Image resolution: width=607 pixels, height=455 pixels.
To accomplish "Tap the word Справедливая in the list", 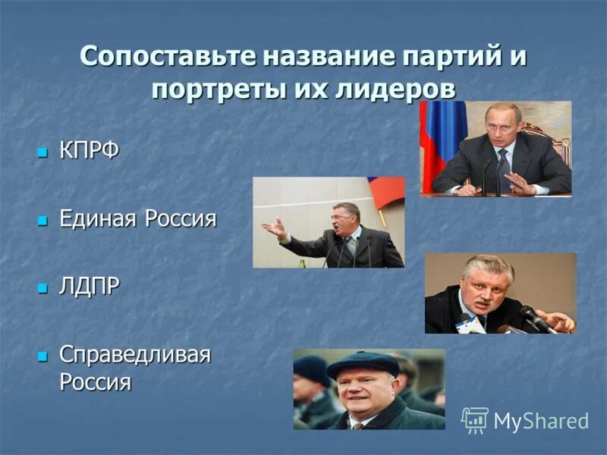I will coord(134,355).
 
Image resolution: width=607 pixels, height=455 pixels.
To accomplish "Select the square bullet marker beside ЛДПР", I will coord(42,290).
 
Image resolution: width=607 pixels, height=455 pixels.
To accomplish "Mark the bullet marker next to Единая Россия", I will coord(42,221).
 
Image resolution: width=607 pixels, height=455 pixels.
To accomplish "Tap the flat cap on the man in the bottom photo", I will coord(362,364).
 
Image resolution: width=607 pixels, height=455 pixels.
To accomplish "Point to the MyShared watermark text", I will coord(541,421).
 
